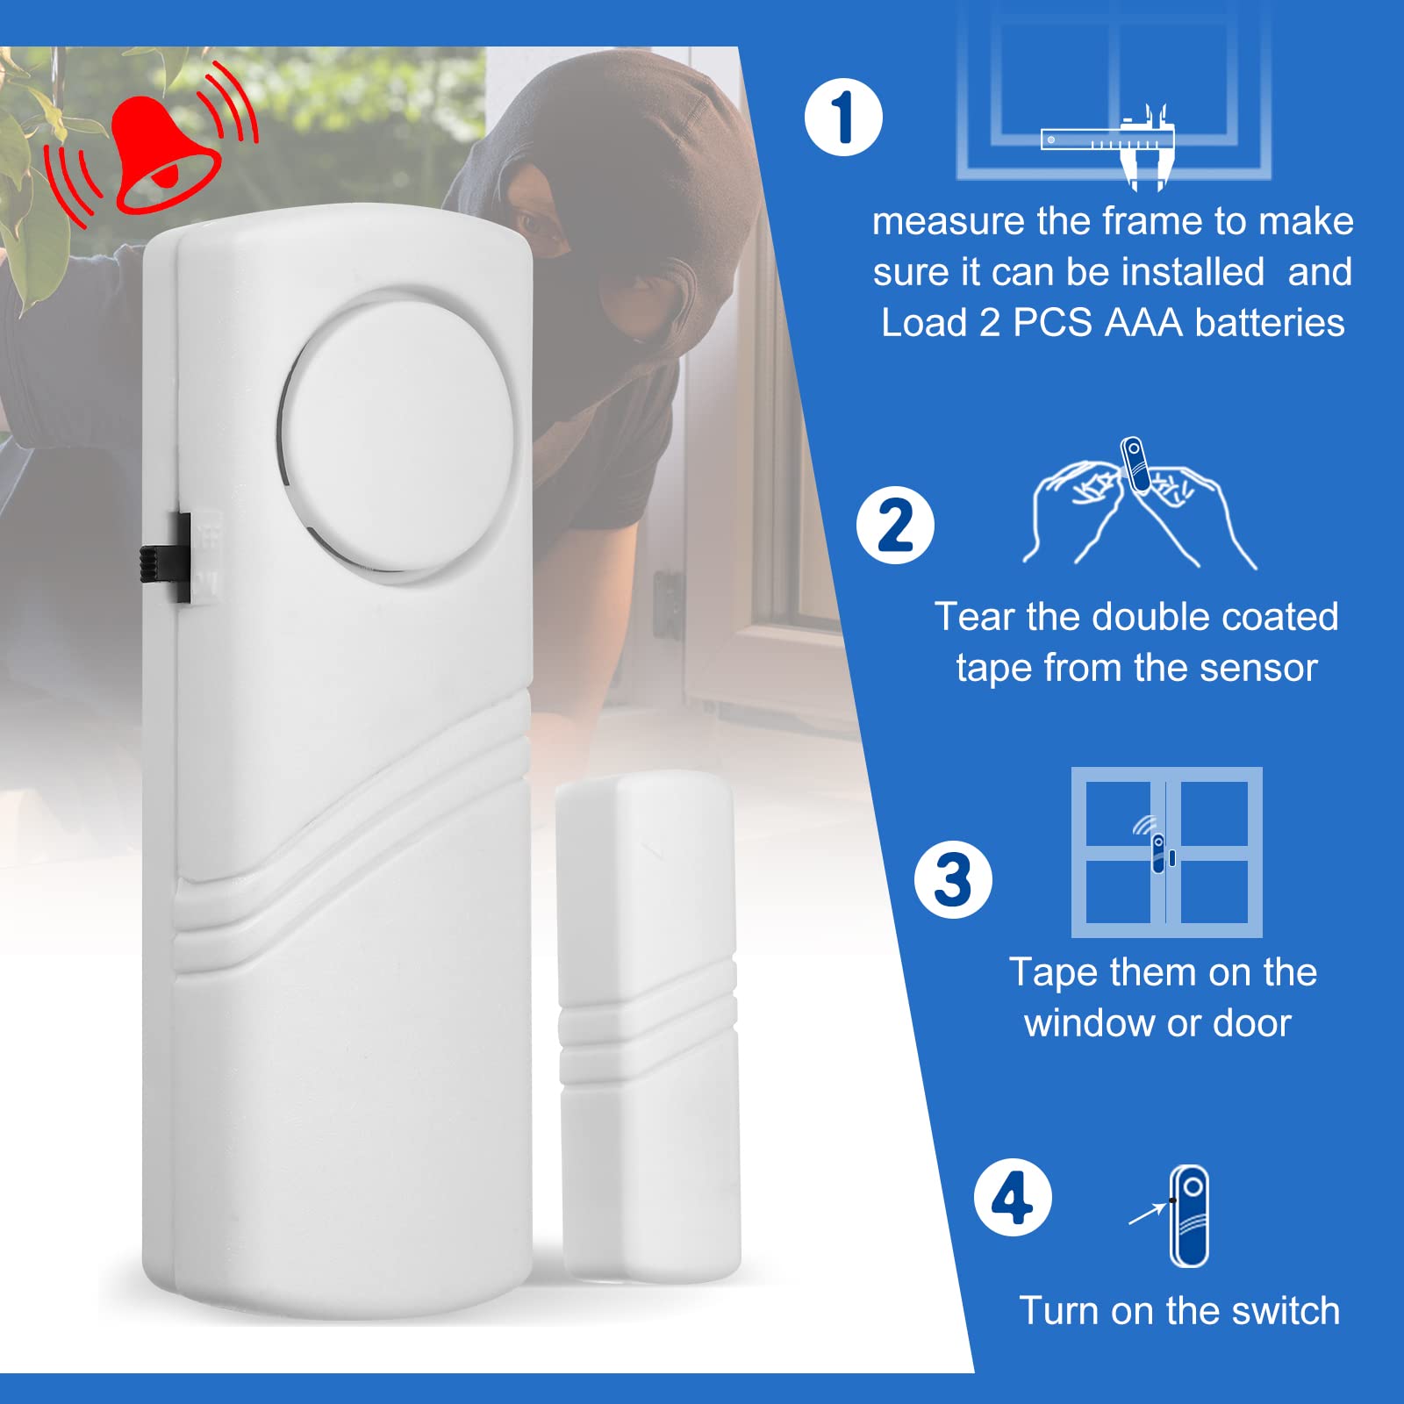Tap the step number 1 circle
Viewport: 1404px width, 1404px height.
coord(843,118)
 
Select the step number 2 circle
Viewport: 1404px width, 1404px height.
coord(895,526)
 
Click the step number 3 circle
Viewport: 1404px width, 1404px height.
coord(953,879)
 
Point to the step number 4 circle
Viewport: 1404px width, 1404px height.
coord(1013,1198)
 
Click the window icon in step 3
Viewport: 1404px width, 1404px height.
coord(1166,852)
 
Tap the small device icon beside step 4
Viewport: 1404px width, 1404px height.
coord(1189,1216)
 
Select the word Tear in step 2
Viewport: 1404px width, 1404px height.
coord(974,617)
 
